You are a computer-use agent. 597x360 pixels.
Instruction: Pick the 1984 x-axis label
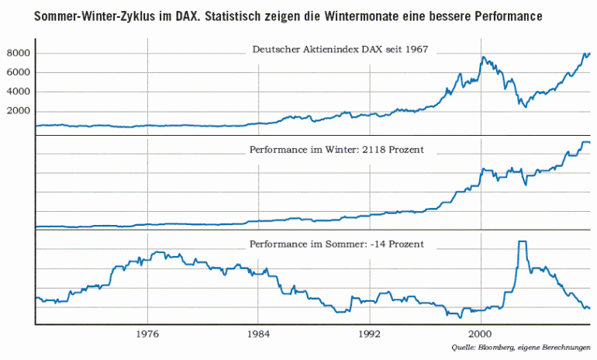(x=258, y=335)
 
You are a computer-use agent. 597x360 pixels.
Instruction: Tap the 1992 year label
(x=370, y=335)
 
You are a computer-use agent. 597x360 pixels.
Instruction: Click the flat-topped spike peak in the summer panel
(x=522, y=242)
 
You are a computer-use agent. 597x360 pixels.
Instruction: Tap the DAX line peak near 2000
(x=483, y=57)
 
